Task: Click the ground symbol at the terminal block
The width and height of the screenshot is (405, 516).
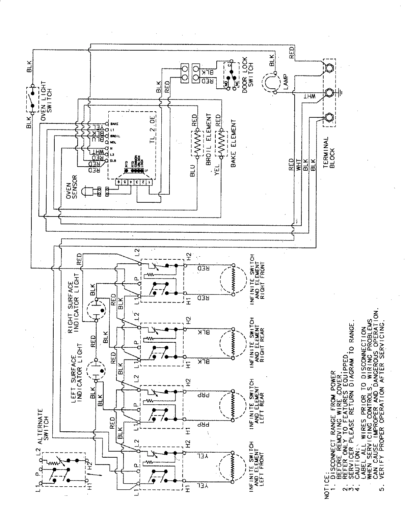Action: click(342, 91)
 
